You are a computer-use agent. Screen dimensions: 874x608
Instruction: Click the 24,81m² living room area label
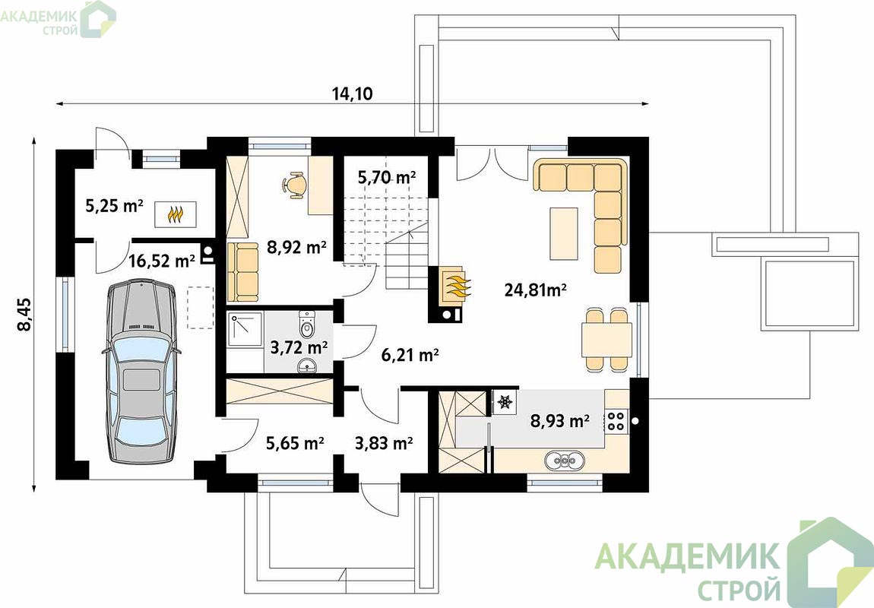click(535, 290)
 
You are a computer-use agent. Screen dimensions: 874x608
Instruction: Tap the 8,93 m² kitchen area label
click(559, 420)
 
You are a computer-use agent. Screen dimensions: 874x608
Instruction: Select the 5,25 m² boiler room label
click(114, 206)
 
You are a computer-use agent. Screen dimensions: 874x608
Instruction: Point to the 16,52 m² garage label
click(162, 260)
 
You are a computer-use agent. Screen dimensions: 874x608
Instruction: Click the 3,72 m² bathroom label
click(299, 347)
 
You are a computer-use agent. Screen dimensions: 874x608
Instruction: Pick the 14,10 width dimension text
click(353, 93)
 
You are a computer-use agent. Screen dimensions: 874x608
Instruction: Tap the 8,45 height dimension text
click(25, 315)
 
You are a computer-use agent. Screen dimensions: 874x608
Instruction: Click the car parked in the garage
click(141, 372)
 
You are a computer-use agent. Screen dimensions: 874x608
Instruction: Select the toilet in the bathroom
click(307, 324)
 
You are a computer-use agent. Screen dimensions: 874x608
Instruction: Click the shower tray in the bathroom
click(245, 331)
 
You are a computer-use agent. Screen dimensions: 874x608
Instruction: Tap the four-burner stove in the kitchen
click(616, 420)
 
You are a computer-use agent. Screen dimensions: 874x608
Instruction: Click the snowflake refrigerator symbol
click(505, 401)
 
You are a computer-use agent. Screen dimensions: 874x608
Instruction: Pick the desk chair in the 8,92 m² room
click(294, 185)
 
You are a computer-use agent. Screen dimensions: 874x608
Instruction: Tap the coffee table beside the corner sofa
click(563, 233)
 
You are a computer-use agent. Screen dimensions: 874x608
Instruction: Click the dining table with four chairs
click(606, 340)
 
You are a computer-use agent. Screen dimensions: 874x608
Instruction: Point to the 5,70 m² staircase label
click(387, 178)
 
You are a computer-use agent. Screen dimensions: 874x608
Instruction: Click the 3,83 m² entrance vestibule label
click(384, 444)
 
